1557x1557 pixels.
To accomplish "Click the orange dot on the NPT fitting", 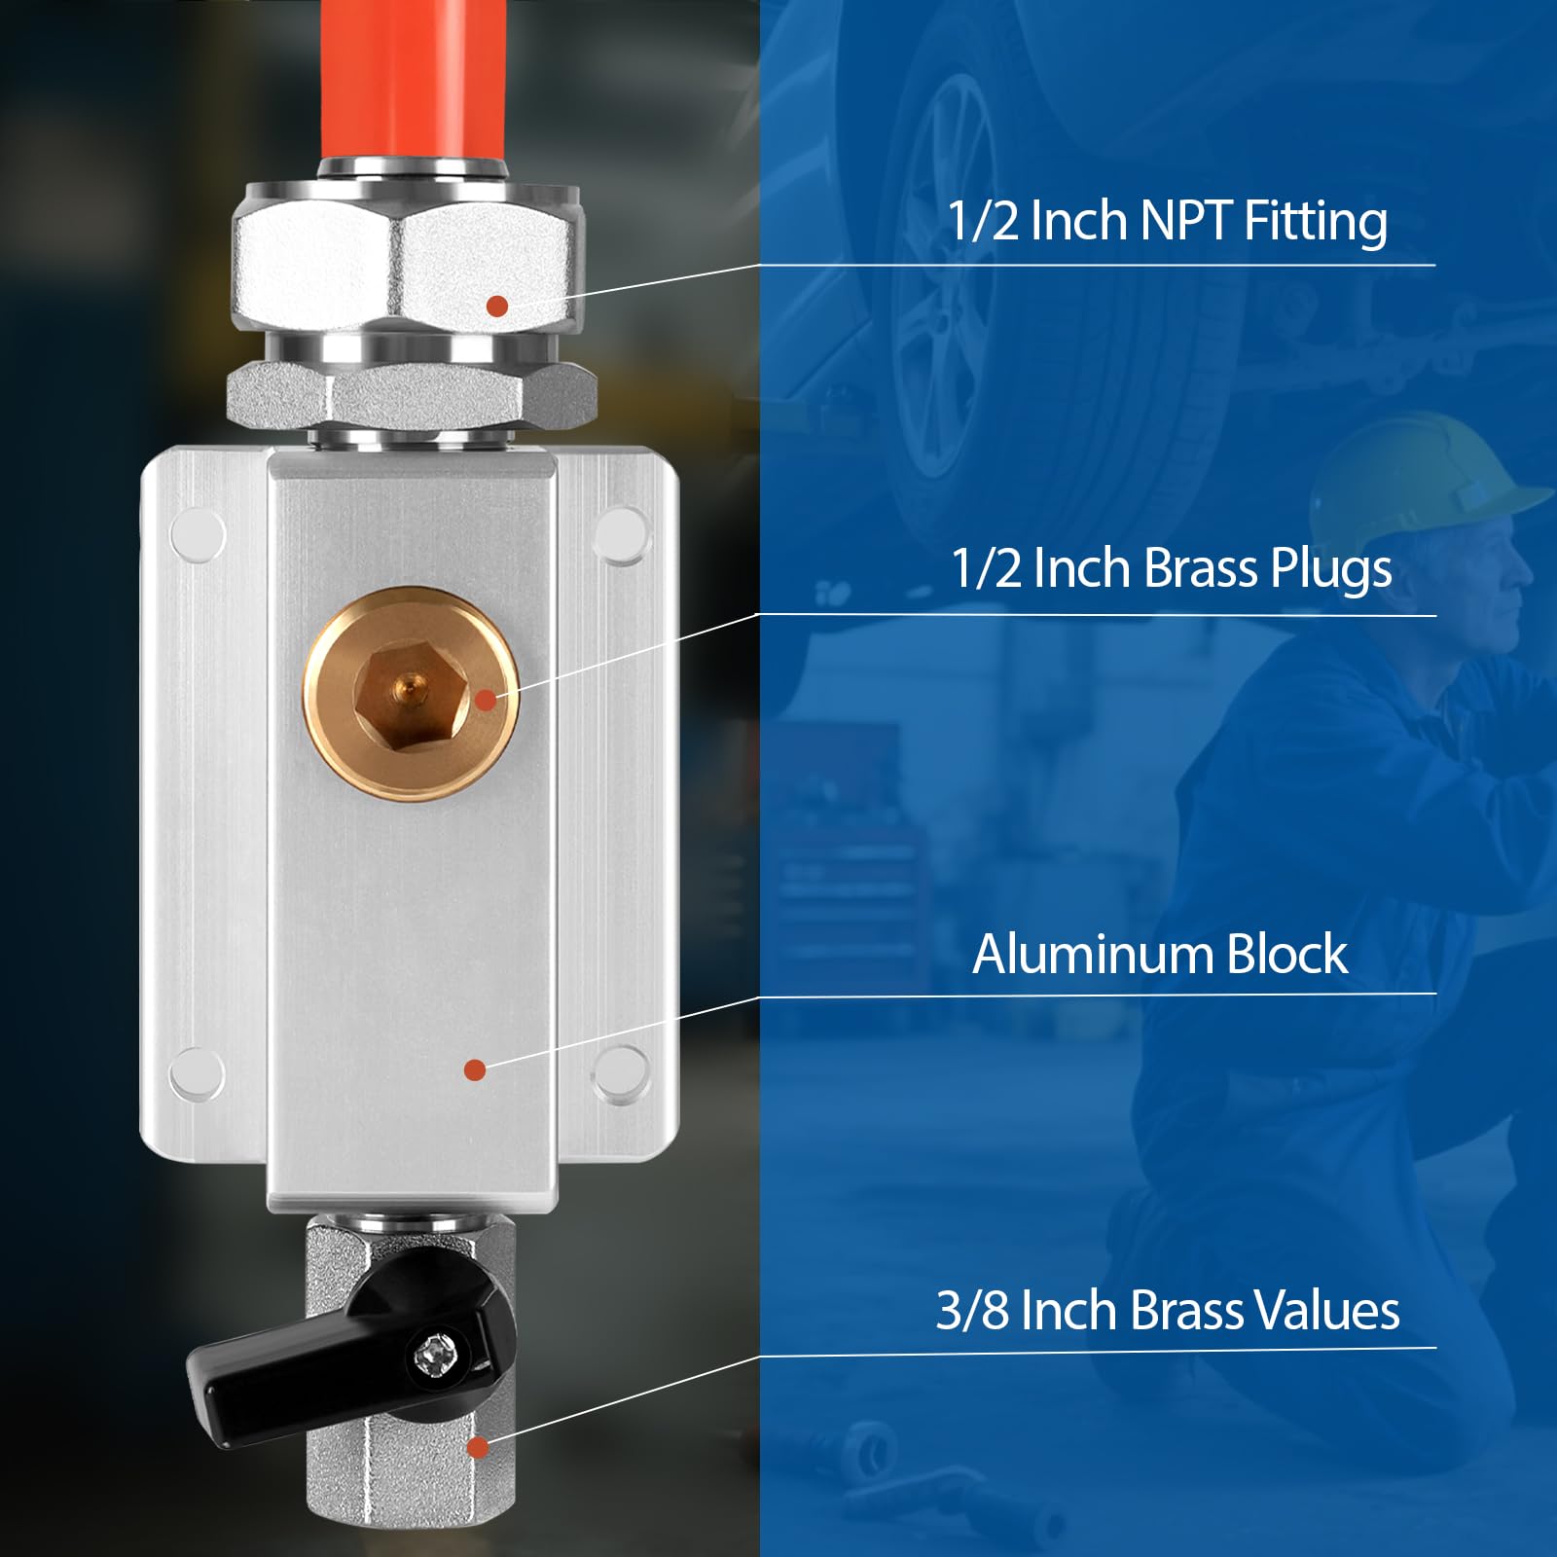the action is (x=497, y=306).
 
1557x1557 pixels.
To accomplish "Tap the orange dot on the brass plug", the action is (x=486, y=700).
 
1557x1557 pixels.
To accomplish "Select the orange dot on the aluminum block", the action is (x=475, y=1070).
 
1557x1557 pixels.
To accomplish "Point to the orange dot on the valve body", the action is (x=477, y=1448).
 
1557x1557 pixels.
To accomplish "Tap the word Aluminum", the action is (x=1094, y=954).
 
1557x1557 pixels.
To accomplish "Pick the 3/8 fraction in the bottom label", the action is (x=972, y=1311).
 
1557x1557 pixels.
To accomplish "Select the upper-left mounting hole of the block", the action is (x=198, y=534).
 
